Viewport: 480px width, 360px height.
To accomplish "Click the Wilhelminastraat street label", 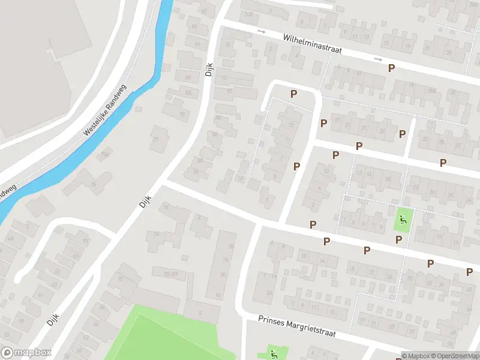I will point(312,44).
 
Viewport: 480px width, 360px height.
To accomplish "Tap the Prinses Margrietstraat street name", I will point(296,326).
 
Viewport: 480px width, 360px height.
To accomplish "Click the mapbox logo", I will point(26,353).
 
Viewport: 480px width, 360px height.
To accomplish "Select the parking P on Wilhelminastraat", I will point(391,68).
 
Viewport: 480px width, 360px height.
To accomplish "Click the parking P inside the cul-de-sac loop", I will point(293,94).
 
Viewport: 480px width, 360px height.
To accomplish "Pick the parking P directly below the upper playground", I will point(398,240).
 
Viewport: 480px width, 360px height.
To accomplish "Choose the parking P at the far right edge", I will point(469,272).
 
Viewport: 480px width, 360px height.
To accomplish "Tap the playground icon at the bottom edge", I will point(273,354).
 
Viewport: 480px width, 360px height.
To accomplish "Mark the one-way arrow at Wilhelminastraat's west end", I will point(261,31).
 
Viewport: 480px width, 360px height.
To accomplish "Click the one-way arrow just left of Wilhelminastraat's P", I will point(378,59).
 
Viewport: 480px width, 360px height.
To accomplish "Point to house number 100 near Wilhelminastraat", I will point(248,14).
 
